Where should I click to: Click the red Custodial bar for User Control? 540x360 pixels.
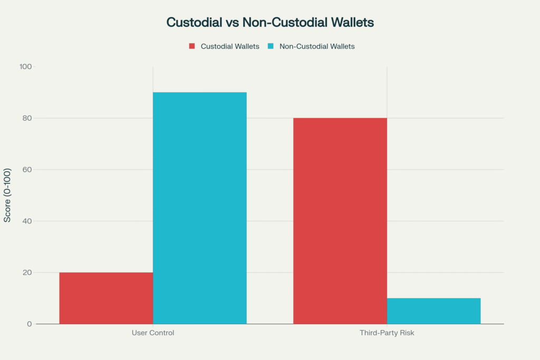click(106, 298)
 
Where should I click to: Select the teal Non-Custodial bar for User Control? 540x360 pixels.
click(200, 208)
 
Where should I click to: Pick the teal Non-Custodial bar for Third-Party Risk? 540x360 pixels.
click(433, 311)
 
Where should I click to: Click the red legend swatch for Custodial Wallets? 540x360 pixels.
click(192, 46)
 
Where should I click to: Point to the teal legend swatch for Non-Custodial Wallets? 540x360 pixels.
click(271, 46)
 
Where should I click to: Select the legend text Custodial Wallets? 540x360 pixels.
click(230, 46)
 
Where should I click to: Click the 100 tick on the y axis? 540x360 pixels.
click(26, 67)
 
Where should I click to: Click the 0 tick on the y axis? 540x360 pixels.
click(30, 324)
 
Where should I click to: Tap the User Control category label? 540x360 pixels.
click(153, 333)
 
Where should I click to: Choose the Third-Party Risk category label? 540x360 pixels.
click(387, 333)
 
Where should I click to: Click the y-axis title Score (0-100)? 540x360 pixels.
click(8, 196)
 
